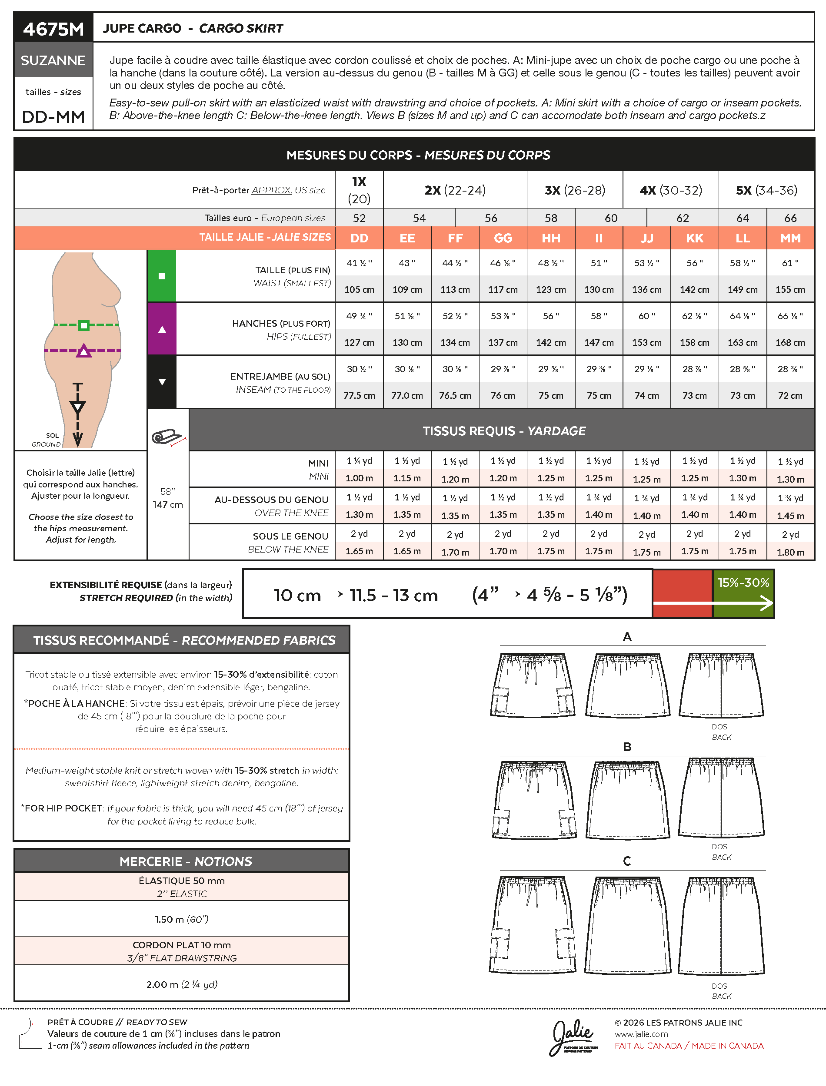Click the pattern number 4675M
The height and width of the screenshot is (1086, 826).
pos(53,29)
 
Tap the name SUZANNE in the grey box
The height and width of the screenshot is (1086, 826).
pos(53,60)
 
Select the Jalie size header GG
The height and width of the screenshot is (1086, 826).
pos(503,238)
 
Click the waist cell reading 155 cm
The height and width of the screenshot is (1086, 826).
pos(789,290)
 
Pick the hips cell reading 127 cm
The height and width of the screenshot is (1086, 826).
pos(359,342)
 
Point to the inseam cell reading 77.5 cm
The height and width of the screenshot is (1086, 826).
pos(359,395)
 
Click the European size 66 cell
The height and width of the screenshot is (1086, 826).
pos(790,218)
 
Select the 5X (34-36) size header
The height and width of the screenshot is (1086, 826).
pos(766,190)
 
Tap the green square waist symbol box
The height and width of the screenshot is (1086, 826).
pos(162,276)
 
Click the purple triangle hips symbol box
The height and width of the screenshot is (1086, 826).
pos(162,329)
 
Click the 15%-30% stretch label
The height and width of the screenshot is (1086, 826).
pos(743,583)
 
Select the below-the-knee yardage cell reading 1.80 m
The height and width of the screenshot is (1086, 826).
pos(790,552)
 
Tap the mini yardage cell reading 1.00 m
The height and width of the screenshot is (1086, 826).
pos(359,478)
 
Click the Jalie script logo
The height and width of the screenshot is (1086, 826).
pos(573,1036)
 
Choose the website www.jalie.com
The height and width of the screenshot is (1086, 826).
pos(641,1034)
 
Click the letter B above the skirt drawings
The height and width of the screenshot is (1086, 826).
pos(627,747)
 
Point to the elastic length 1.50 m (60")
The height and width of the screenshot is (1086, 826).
pos(181,919)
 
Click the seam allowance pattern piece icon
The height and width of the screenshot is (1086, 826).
pos(30,1033)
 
